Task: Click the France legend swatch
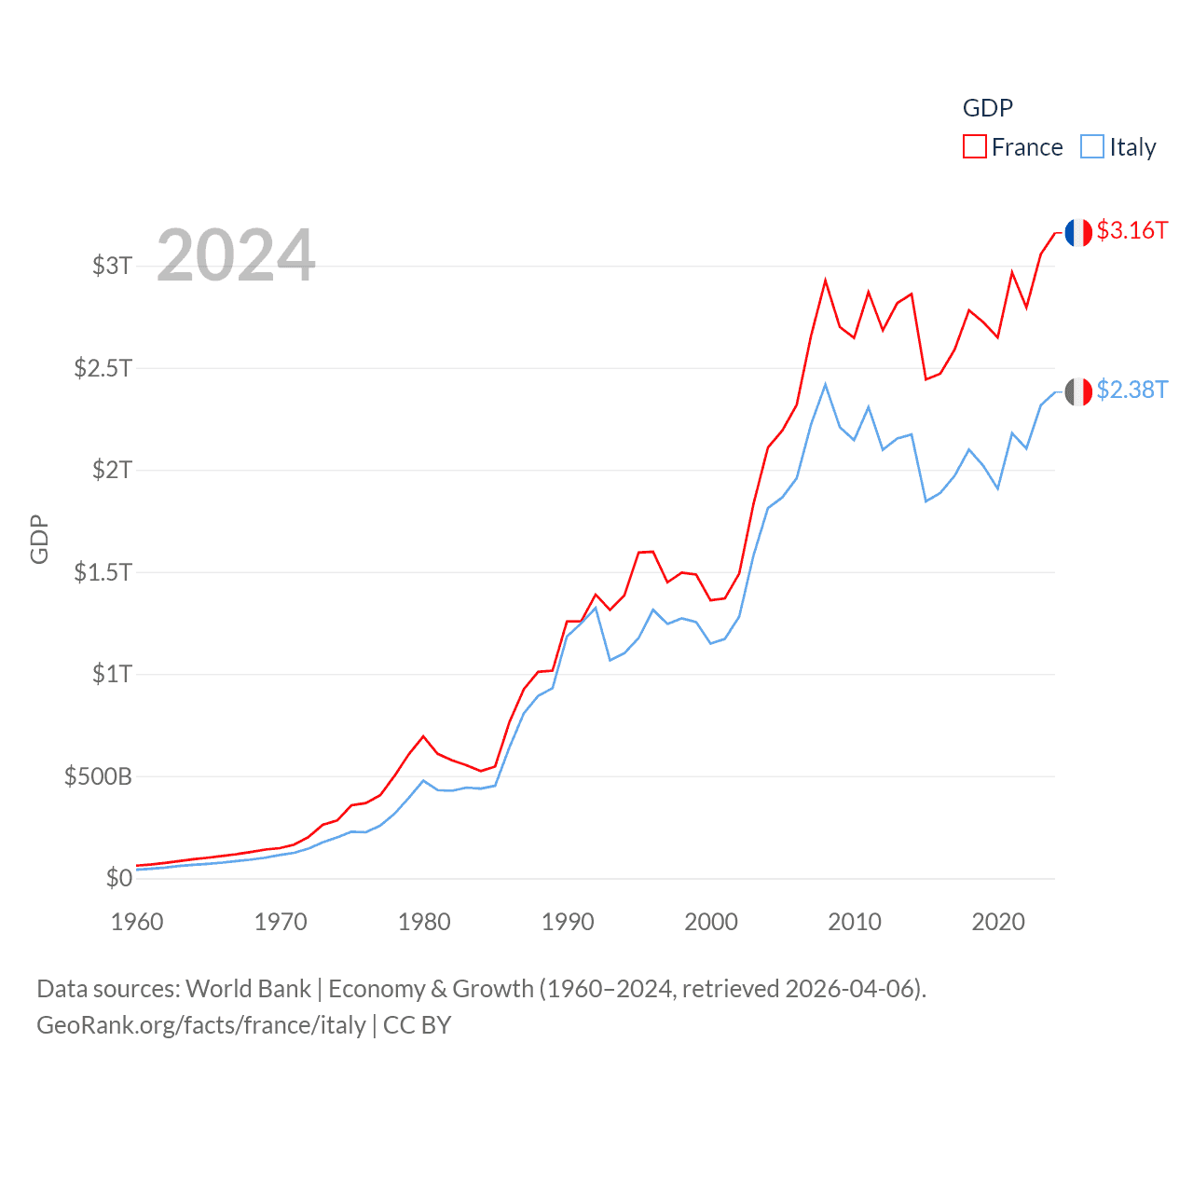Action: [x=974, y=147]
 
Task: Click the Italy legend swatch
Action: [x=1092, y=147]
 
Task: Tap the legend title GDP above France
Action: [x=987, y=108]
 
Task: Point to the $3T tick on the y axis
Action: [x=112, y=266]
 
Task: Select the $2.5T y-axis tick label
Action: [x=103, y=368]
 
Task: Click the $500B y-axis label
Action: [x=98, y=776]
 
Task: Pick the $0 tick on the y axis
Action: [x=118, y=878]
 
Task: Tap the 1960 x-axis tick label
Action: [x=137, y=922]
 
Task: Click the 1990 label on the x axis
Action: [x=568, y=922]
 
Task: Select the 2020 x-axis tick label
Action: [x=998, y=922]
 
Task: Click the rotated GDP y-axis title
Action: [x=39, y=539]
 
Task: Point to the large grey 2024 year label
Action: [x=236, y=255]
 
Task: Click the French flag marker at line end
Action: [x=1078, y=233]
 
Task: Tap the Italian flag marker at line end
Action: [x=1078, y=391]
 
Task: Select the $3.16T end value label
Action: [x=1131, y=230]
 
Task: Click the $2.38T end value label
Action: [x=1131, y=390]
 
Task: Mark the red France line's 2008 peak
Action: [x=825, y=281]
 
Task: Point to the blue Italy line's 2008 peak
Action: [x=825, y=384]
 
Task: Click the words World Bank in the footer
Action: [x=248, y=988]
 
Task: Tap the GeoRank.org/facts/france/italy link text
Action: [x=201, y=1025]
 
